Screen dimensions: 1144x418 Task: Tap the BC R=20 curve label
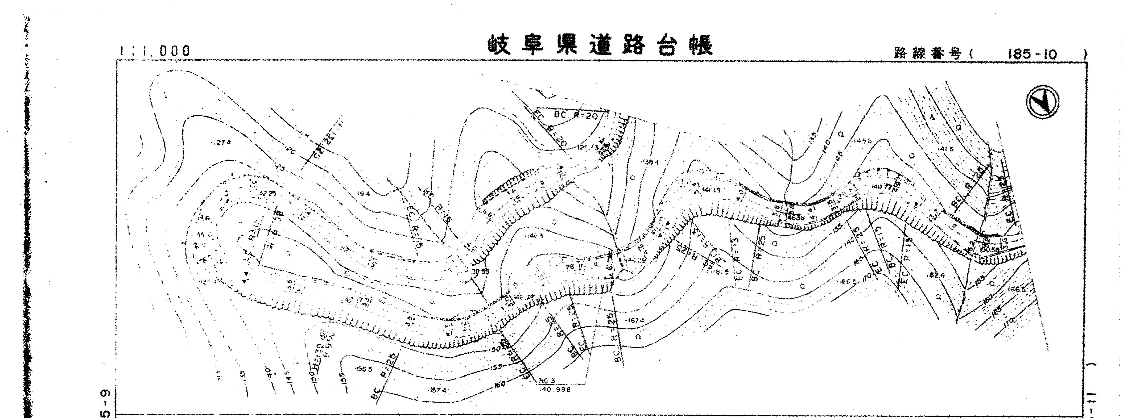click(x=575, y=115)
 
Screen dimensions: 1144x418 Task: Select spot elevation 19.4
click(x=362, y=194)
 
